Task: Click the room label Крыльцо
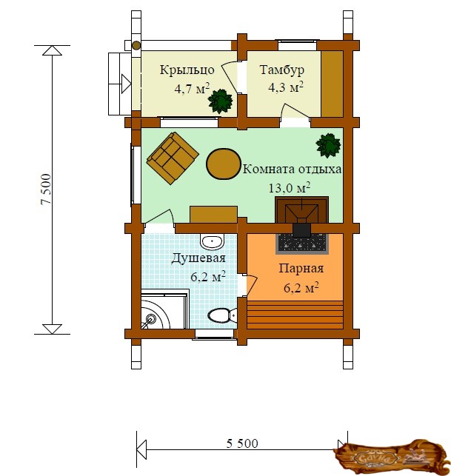pyautogui.click(x=187, y=70)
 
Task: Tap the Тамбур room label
pyautogui.click(x=282, y=70)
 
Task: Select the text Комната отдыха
pyautogui.click(x=292, y=169)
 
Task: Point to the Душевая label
pyautogui.click(x=198, y=258)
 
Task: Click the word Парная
pyautogui.click(x=301, y=269)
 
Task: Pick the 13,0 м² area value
pyautogui.click(x=289, y=187)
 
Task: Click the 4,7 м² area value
pyautogui.click(x=192, y=89)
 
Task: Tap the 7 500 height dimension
pyautogui.click(x=46, y=189)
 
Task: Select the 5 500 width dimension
pyautogui.click(x=242, y=443)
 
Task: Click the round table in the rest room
pyautogui.click(x=223, y=164)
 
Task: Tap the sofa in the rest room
pyautogui.click(x=173, y=158)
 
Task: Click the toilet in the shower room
pyautogui.click(x=222, y=315)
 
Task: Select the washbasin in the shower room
pyautogui.click(x=212, y=241)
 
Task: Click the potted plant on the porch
pyautogui.click(x=220, y=101)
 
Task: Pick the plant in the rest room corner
pyautogui.click(x=328, y=145)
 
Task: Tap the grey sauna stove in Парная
pyautogui.click(x=302, y=243)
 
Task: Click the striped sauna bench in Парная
pyautogui.click(x=295, y=315)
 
